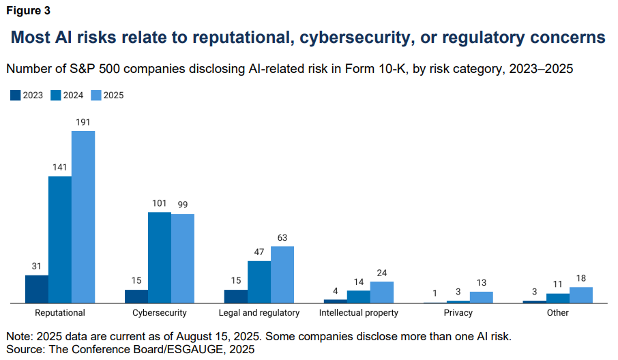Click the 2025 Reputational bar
[x=83, y=216]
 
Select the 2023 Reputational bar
[x=37, y=288]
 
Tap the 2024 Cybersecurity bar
[x=160, y=257]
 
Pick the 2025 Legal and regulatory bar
[x=282, y=274]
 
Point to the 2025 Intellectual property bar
[x=382, y=292]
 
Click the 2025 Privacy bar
[x=482, y=297]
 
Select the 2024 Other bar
[x=558, y=298]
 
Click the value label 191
[x=83, y=122]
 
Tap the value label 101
[x=160, y=203]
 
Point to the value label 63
[x=282, y=237]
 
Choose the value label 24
[x=382, y=273]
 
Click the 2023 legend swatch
[x=16, y=95]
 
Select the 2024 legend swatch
[x=56, y=95]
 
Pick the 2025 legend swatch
[x=96, y=95]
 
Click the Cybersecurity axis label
[x=160, y=313]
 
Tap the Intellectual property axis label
[x=359, y=313]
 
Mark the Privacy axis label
[x=458, y=313]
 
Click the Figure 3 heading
[x=28, y=10]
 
